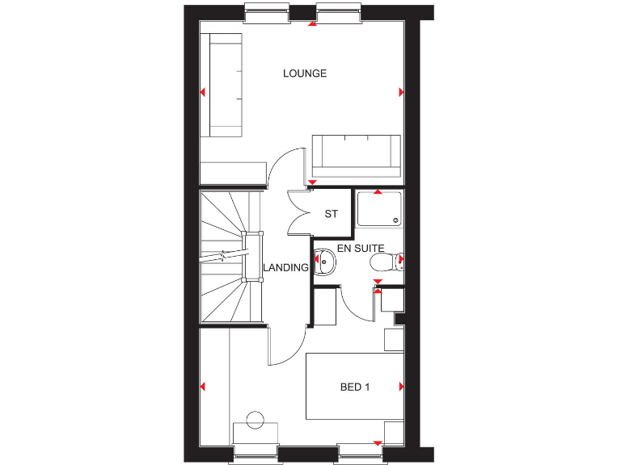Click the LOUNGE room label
click(x=305, y=73)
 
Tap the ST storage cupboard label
click(x=331, y=214)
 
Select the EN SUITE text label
click(x=361, y=248)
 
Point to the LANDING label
click(x=285, y=268)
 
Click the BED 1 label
click(x=355, y=387)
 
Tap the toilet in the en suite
click(x=384, y=262)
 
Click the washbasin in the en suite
click(x=325, y=261)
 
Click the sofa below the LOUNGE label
click(x=357, y=156)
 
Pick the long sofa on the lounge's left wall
click(x=224, y=85)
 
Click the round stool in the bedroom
click(x=256, y=420)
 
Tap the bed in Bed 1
click(x=355, y=387)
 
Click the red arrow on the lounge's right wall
click(x=401, y=93)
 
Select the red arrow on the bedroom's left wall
click(x=203, y=387)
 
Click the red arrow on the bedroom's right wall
click(x=401, y=387)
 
